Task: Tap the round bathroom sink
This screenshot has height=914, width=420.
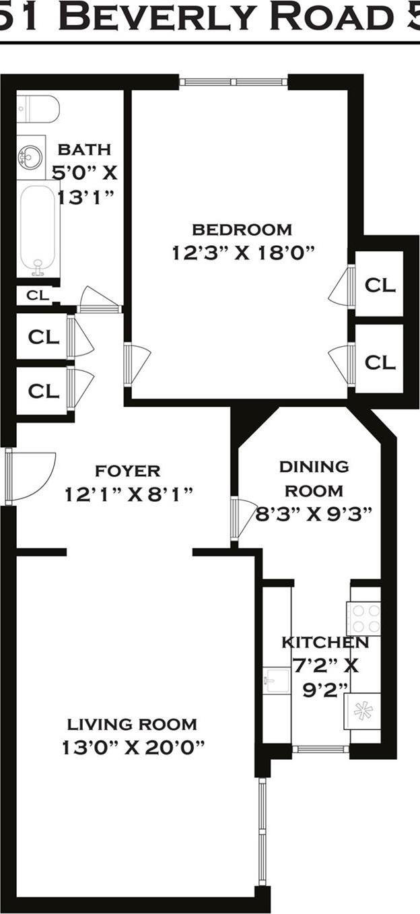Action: click(30, 158)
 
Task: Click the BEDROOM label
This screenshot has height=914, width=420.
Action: click(242, 230)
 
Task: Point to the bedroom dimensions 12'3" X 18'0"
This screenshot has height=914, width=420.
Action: click(243, 253)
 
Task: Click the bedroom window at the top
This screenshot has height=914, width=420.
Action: click(234, 82)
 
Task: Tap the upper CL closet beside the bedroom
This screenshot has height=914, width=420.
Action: click(380, 284)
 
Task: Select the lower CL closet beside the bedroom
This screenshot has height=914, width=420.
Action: click(380, 362)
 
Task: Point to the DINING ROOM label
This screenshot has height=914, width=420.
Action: click(314, 478)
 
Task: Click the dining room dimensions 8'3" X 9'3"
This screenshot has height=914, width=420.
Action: click(314, 515)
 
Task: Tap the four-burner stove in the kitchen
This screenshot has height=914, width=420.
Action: click(364, 618)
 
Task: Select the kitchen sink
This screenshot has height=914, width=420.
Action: click(276, 680)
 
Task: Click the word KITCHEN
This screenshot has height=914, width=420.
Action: click(325, 642)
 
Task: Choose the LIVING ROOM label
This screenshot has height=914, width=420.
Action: click(132, 725)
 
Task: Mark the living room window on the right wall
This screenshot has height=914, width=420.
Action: click(262, 832)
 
